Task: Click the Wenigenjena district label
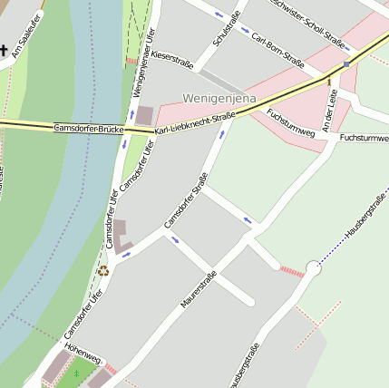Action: click(219, 98)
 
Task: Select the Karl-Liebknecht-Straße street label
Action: click(195, 123)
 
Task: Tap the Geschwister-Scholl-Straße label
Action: click(307, 23)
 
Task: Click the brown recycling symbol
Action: click(103, 271)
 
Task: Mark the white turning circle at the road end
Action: click(314, 268)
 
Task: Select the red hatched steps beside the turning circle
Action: click(292, 271)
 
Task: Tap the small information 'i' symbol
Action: click(328, 81)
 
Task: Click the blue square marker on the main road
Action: click(346, 64)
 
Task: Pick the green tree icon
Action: click(77, 373)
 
